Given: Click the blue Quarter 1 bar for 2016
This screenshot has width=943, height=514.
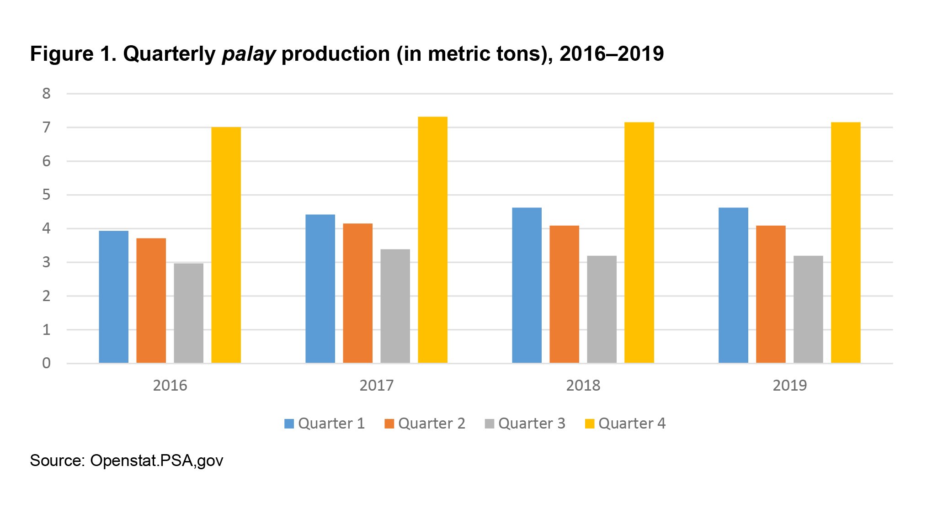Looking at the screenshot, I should pyautogui.click(x=113, y=297).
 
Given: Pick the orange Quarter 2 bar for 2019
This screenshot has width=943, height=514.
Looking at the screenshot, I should pyautogui.click(x=771, y=294).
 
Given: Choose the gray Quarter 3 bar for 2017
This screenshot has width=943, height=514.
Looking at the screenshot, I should pyautogui.click(x=395, y=306).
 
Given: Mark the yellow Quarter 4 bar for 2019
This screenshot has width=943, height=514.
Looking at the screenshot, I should pyautogui.click(x=846, y=243).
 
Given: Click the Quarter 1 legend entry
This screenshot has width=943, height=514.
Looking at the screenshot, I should pyautogui.click(x=325, y=424).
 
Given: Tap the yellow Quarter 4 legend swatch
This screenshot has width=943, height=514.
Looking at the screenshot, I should pyautogui.click(x=590, y=424).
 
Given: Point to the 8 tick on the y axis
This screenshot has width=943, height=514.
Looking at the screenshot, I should pyautogui.click(x=46, y=94).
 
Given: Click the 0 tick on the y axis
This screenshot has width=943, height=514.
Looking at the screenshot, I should pyautogui.click(x=46, y=363).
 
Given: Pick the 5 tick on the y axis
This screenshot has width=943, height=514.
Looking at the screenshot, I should pyautogui.click(x=46, y=195).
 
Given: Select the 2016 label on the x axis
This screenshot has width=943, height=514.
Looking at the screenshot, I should pyautogui.click(x=170, y=386).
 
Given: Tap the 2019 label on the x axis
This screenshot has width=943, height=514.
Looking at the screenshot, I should pyautogui.click(x=789, y=386).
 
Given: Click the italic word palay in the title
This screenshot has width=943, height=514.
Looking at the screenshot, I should pyautogui.click(x=249, y=54).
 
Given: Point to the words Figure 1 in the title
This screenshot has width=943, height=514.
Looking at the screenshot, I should pyautogui.click(x=73, y=54).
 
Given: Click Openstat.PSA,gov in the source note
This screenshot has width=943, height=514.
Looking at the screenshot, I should pyautogui.click(x=156, y=461).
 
